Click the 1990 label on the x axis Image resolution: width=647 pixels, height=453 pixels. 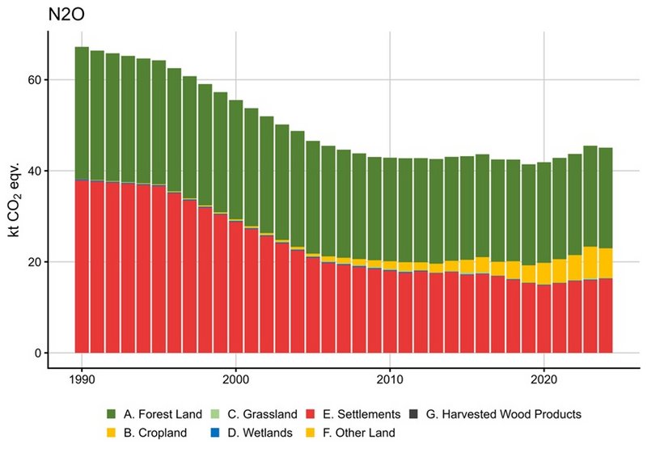pyautogui.click(x=82, y=377)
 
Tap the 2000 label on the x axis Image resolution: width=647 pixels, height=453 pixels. pyautogui.click(x=235, y=377)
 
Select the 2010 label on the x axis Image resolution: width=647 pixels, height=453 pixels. pyautogui.click(x=389, y=377)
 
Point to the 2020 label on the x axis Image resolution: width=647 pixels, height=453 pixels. pyautogui.click(x=543, y=377)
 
